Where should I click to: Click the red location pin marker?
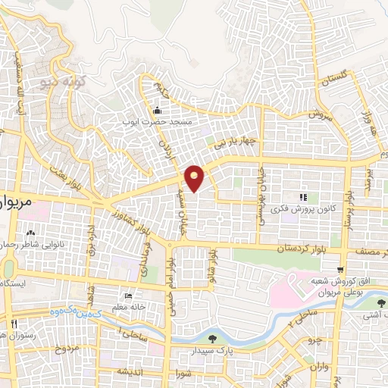195,177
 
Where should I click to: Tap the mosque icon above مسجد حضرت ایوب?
158,111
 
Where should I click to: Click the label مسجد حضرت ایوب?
159,121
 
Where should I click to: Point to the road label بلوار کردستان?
305,248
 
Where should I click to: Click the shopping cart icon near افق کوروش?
341,270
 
